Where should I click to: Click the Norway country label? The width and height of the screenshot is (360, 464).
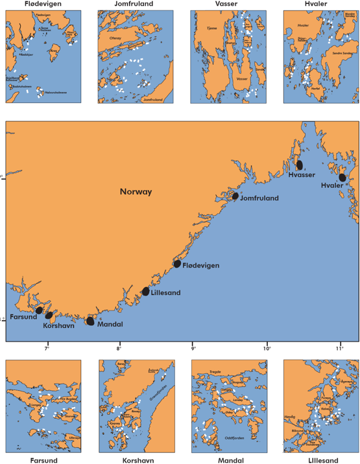(136, 192)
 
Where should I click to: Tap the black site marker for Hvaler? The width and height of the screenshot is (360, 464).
(342, 178)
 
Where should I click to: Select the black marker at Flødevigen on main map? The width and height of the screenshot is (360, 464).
(177, 264)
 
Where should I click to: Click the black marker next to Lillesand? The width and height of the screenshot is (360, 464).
(145, 292)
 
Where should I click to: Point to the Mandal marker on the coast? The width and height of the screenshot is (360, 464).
(90, 321)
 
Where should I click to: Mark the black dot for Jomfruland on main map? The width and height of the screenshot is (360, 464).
(235, 196)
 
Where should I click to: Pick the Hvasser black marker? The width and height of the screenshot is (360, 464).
(300, 165)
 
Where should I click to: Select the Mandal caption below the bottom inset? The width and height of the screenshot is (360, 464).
(228, 460)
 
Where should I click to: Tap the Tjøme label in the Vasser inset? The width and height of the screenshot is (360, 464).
(211, 29)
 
